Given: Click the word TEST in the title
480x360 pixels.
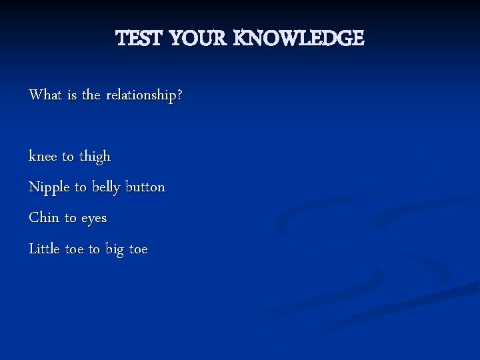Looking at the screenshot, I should point(139,39).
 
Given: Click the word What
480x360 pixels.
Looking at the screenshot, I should point(45,95).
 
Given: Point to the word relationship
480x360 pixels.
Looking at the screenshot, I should point(141,95).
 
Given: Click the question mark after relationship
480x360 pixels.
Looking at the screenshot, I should point(179,95).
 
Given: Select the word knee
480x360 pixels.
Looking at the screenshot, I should point(43,157).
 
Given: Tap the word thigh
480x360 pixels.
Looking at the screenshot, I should point(95,157).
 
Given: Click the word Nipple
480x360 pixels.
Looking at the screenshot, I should point(49,188).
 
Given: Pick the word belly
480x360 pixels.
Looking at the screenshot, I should point(106,188).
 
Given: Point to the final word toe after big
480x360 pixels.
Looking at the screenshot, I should point(139,249).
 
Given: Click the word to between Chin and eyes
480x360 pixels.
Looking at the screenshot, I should point(71,219).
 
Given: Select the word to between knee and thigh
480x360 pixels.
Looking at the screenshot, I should point(68,157).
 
